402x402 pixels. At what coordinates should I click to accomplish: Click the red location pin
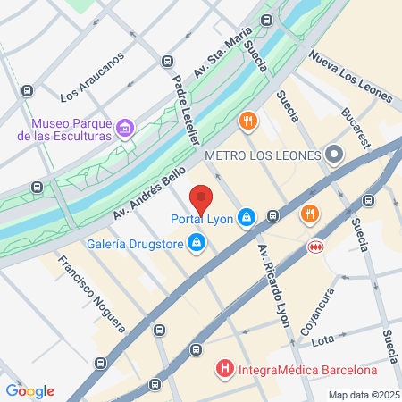pos(201,198)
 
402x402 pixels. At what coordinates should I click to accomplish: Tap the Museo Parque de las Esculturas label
pos(70,130)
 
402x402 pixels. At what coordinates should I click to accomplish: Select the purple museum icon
pos(126,130)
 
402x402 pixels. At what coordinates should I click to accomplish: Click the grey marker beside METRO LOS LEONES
pos(335,155)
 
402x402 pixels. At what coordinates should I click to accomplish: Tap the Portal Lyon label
pos(203,218)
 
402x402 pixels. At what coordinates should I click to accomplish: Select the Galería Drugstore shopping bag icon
pos(196,243)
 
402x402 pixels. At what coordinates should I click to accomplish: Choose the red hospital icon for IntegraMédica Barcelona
pos(223,368)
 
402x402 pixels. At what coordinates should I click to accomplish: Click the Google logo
pos(29,391)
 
